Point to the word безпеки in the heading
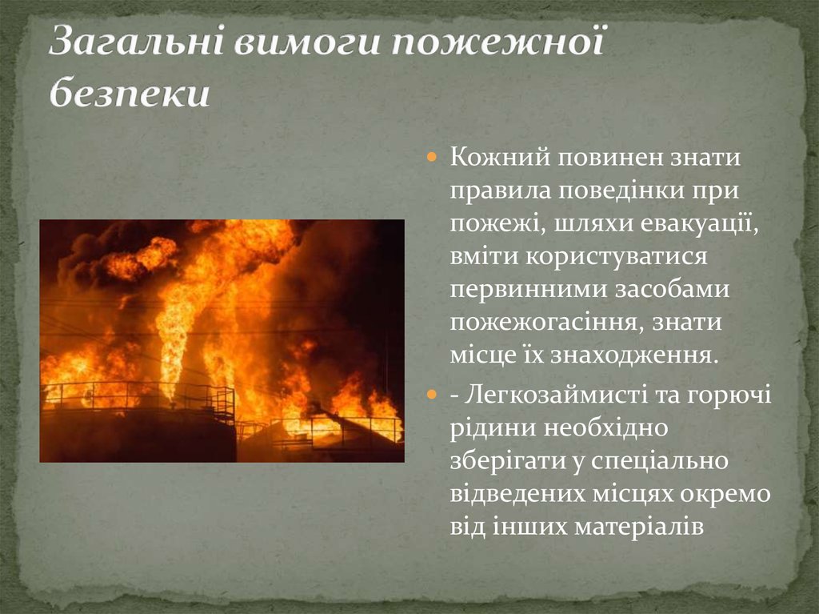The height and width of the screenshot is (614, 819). (129, 94)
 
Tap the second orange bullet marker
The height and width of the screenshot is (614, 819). (432, 395)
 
